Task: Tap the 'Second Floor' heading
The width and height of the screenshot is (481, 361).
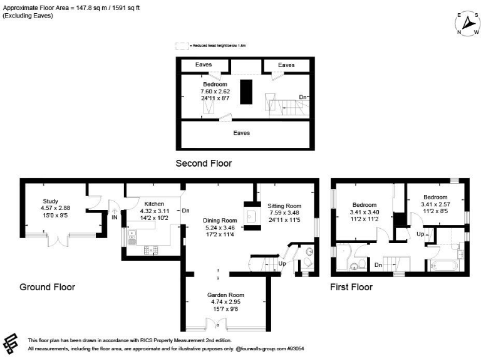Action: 204,164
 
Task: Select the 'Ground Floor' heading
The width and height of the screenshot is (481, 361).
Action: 47,287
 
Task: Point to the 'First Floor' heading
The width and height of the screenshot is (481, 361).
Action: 351,287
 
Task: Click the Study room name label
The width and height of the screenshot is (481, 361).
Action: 50,202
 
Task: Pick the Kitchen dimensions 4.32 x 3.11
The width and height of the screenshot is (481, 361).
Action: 154,212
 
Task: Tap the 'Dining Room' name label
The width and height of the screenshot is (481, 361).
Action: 219,221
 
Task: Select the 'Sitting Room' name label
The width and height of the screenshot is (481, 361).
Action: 284,206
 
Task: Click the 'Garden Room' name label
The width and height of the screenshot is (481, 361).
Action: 225,295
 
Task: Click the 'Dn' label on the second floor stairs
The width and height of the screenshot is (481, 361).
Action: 303,97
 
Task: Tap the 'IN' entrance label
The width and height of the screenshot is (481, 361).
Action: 115,217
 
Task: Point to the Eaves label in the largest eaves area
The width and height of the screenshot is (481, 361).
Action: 242,133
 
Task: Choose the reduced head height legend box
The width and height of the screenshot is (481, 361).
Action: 182,46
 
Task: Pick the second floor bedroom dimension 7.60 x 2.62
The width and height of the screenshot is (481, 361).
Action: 215,91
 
